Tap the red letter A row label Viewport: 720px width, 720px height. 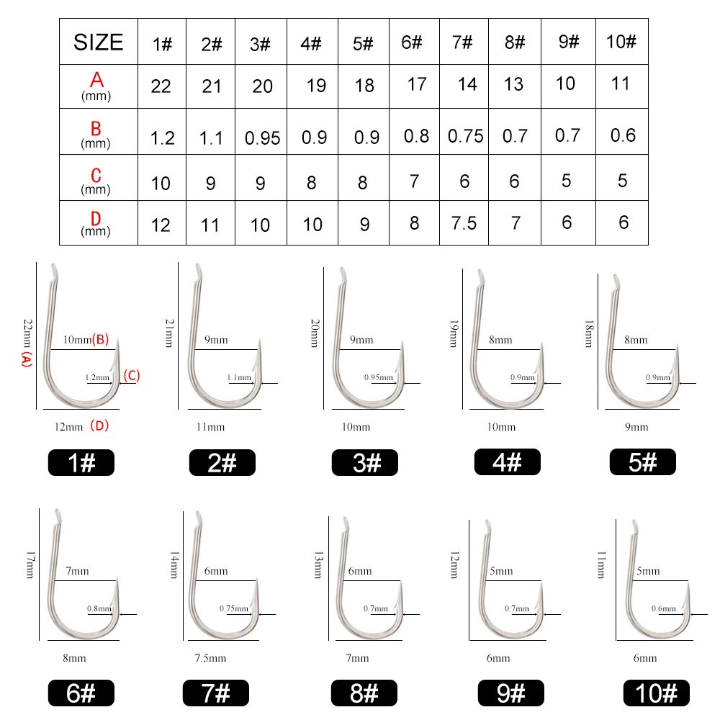coord(96,80)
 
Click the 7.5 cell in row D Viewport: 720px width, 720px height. coord(464,223)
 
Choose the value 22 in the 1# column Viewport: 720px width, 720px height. coord(161,86)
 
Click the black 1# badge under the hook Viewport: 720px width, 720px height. coord(81,462)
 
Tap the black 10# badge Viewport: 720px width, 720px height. coord(656,693)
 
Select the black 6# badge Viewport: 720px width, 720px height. coord(81,693)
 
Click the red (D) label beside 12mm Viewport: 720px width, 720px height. coord(99,426)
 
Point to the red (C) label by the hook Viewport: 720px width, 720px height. coord(132,376)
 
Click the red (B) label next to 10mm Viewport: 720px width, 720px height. coord(101,339)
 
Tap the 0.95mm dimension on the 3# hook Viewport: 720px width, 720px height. coord(379,377)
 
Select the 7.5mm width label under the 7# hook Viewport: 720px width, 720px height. coord(210,658)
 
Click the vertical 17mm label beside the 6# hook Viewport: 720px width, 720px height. coord(30,564)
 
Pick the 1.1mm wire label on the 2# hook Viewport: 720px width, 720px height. coord(239,377)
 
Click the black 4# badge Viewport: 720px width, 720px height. coord(508,462)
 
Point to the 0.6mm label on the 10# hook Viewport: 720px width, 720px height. coord(664,608)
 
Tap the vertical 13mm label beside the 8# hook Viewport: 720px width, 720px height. coord(318,564)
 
